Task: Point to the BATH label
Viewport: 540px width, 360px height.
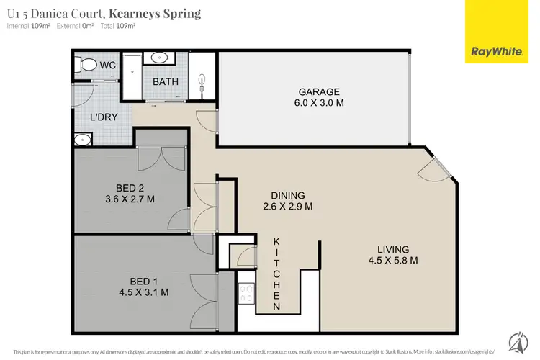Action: point(166,82)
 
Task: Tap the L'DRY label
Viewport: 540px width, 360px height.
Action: point(104,117)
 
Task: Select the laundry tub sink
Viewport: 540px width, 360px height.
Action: point(84,140)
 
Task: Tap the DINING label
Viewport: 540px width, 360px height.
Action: point(288,194)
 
